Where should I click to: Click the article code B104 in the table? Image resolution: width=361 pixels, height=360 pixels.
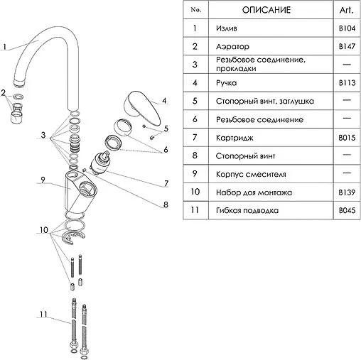tap(347, 28)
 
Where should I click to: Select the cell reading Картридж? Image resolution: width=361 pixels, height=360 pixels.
tap(235, 138)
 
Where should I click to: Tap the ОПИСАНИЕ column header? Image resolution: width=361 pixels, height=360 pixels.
tap(266, 10)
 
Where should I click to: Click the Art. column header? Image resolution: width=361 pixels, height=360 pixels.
tap(347, 10)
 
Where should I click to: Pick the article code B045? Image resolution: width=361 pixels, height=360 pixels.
tap(347, 210)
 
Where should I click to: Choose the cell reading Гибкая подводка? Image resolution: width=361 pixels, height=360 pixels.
tap(247, 210)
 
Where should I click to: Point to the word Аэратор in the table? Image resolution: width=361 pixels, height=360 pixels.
tap(232, 47)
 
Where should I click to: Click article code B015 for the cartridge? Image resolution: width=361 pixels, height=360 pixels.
tap(347, 138)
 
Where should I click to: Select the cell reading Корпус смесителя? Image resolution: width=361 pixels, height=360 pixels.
tap(251, 174)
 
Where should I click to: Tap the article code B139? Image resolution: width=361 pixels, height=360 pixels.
tap(347, 192)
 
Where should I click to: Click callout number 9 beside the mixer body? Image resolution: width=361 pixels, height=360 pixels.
tap(43, 180)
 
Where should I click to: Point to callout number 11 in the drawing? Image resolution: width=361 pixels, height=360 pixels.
tap(43, 315)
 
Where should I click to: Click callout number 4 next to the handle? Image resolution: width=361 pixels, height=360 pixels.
tap(164, 101)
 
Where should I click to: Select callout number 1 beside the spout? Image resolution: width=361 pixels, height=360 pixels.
tap(4, 47)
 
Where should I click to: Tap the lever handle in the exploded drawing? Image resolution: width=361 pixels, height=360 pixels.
tap(143, 108)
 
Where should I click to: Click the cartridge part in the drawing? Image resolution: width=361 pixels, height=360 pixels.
tap(101, 163)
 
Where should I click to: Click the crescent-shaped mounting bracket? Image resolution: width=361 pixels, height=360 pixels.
tap(72, 239)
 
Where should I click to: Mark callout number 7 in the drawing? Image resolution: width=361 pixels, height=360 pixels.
tap(166, 183)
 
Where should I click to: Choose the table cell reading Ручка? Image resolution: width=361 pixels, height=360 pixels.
tap(226, 83)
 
